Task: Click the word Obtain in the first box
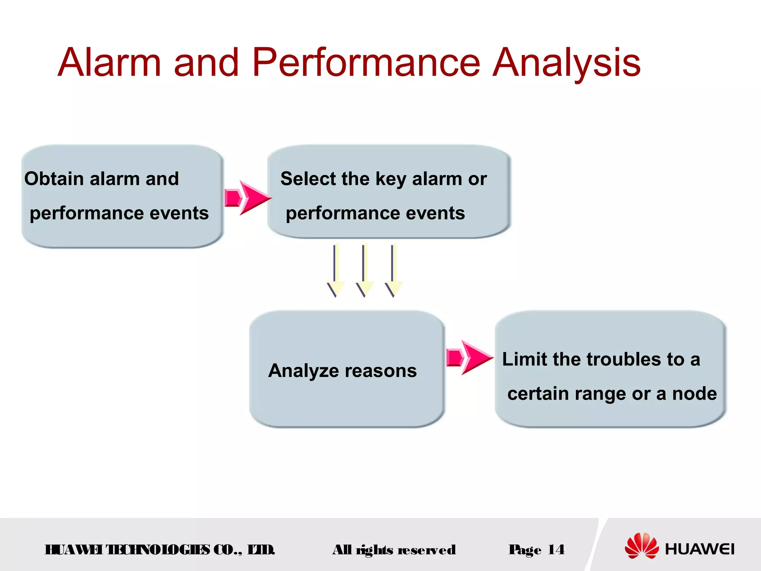[54, 179]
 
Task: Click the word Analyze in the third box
[304, 371]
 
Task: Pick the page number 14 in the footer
[556, 549]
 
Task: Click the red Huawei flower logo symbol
[641, 545]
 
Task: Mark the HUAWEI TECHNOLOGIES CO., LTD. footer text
[160, 549]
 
